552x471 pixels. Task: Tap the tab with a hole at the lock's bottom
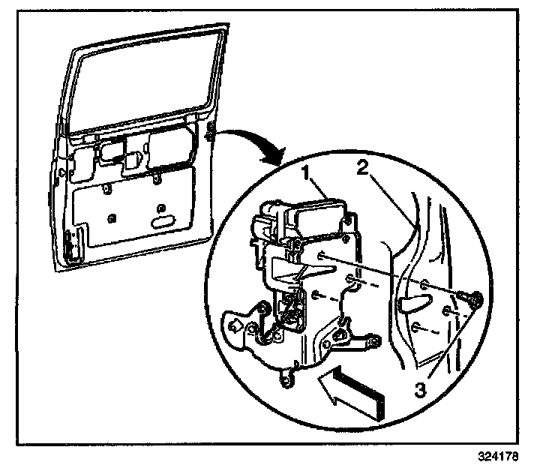pyautogui.click(x=286, y=383)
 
